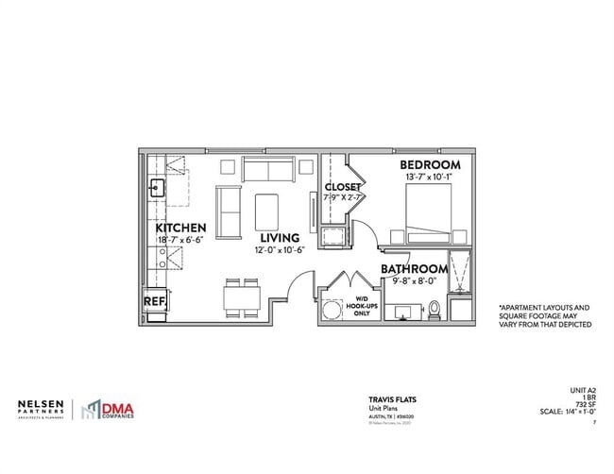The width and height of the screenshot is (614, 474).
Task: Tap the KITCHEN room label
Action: tap(180, 229)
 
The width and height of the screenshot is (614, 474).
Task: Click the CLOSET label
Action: tap(342, 186)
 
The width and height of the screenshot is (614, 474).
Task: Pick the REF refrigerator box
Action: tap(154, 301)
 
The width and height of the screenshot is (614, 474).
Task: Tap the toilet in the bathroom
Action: tap(435, 308)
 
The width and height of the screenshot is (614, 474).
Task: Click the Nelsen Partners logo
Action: tap(42, 408)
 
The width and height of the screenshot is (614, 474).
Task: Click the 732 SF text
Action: tap(583, 404)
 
